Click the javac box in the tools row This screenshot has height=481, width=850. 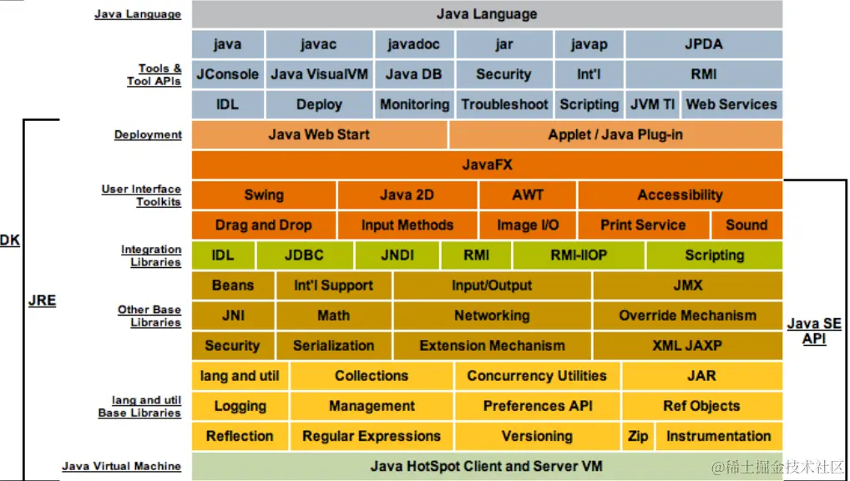pyautogui.click(x=319, y=44)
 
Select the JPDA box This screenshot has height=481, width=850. pyautogui.click(x=704, y=44)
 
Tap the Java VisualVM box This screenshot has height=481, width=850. pyautogui.click(x=319, y=74)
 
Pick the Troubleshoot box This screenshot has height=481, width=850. pyautogui.click(x=504, y=104)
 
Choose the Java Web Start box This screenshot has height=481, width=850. pyautogui.click(x=319, y=134)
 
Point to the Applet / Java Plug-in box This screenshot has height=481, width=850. pyautogui.click(x=615, y=134)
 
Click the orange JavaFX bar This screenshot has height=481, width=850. pyautogui.click(x=487, y=165)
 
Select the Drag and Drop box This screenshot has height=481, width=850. pyautogui.click(x=263, y=225)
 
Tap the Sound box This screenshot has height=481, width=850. pyautogui.click(x=746, y=225)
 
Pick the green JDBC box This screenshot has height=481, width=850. pyautogui.click(x=304, y=256)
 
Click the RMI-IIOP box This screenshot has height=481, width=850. pyautogui.click(x=579, y=256)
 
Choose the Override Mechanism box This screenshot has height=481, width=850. pyautogui.click(x=687, y=316)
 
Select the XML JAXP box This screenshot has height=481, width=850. pyautogui.click(x=687, y=346)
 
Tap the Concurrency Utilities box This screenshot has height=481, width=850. pyautogui.click(x=537, y=376)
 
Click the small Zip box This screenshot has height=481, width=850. pyautogui.click(x=637, y=436)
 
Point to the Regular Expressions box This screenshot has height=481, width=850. pyautogui.click(x=372, y=436)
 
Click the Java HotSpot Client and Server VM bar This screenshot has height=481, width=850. pyautogui.click(x=487, y=466)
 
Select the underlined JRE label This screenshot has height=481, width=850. pyautogui.click(x=42, y=301)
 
